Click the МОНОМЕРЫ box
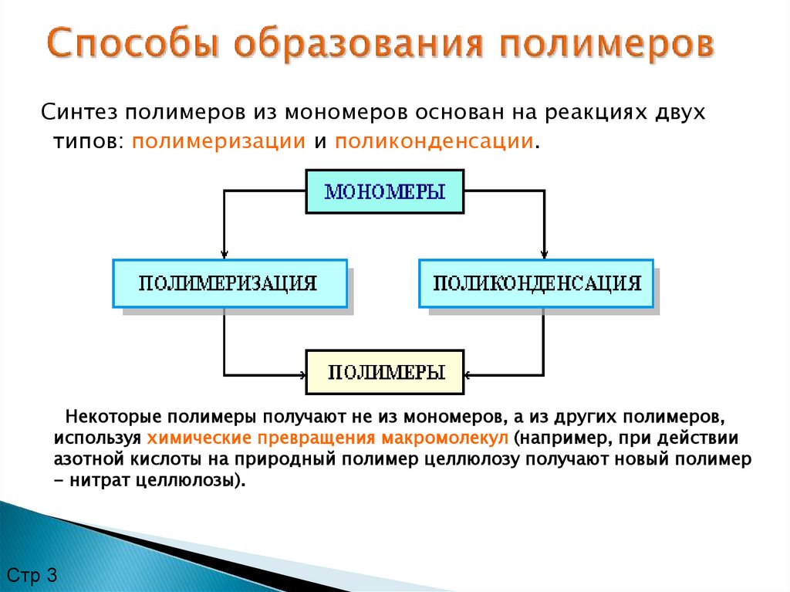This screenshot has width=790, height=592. [385, 191]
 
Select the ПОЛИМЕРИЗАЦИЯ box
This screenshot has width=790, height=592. [228, 283]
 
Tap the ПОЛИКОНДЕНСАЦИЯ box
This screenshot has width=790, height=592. [536, 283]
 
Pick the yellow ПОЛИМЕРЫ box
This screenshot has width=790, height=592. [386, 373]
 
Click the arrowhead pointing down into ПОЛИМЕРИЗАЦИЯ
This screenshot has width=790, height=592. [225, 254]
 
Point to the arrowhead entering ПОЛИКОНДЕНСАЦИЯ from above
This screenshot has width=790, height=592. [545, 254]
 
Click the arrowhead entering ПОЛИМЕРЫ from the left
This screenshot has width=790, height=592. [302, 377]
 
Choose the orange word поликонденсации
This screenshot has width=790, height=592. [434, 142]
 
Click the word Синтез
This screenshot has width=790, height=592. [78, 113]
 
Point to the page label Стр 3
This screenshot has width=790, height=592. [32, 575]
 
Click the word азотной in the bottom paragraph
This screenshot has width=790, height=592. [84, 459]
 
